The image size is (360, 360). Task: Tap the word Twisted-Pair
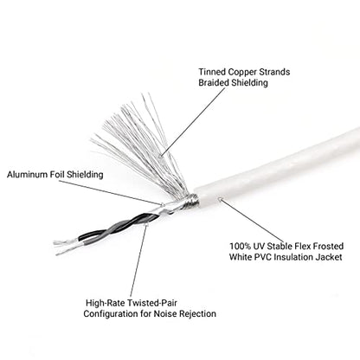click(152, 303)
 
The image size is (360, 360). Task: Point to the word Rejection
click(197, 314)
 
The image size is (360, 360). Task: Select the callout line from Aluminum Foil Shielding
click(111, 193)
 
